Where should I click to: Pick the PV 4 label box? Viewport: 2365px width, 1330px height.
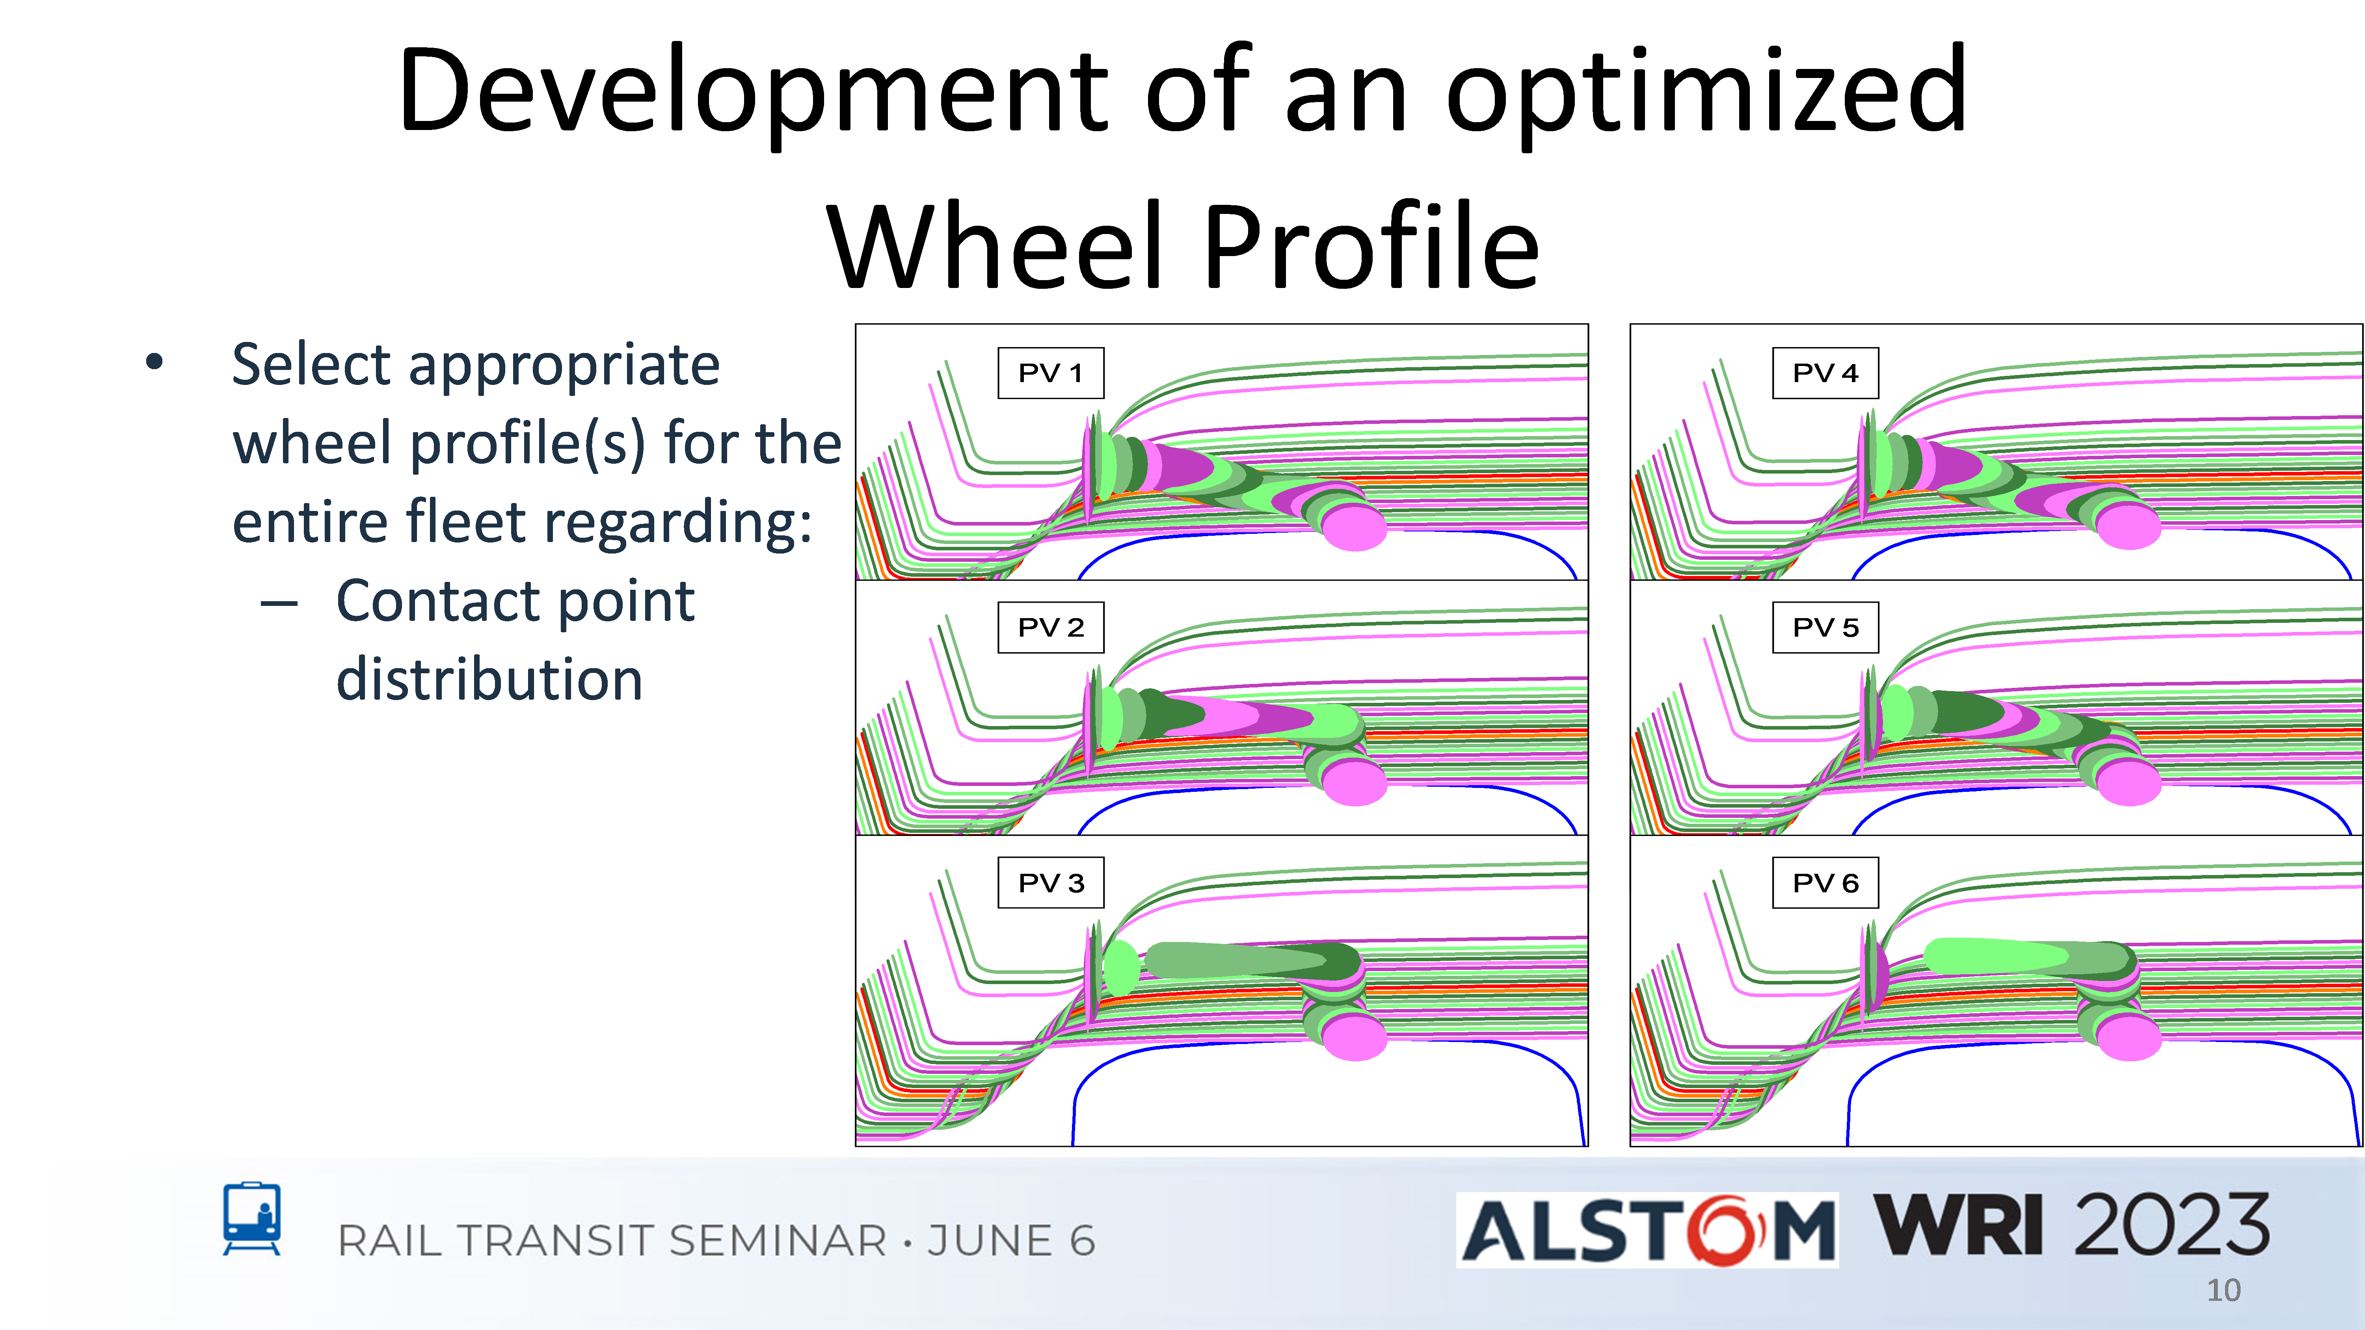tap(1825, 373)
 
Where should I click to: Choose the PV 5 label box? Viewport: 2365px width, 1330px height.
tap(1825, 628)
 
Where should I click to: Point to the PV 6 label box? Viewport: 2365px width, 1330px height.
tap(1825, 883)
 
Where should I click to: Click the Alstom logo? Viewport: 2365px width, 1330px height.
tap(1647, 1230)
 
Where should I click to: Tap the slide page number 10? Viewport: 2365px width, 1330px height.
tap(2224, 1291)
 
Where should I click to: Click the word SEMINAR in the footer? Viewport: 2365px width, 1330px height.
tap(778, 1241)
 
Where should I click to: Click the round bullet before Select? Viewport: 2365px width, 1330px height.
tap(154, 362)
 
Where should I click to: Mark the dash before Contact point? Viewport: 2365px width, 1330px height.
tap(279, 604)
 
